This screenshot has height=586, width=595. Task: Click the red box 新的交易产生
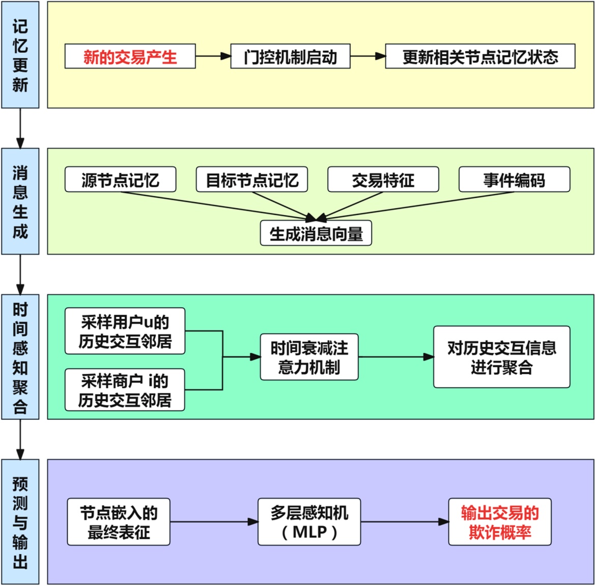[x=130, y=56]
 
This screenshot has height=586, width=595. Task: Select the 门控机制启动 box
[x=290, y=56]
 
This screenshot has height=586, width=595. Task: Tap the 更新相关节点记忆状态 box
[x=480, y=56]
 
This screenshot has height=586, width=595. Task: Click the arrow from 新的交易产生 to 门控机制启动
[x=213, y=56]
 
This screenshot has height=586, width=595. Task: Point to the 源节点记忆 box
[x=120, y=180]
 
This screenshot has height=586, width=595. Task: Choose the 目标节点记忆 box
[x=251, y=180]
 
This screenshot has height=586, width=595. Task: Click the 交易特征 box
[x=383, y=180]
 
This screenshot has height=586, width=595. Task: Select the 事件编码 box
[x=514, y=180]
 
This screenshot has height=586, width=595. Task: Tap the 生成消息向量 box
[x=316, y=233]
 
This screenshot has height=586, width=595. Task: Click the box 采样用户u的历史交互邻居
[x=125, y=331]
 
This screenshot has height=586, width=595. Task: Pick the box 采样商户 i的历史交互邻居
[x=125, y=390]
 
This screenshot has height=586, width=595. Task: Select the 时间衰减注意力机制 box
[x=309, y=357]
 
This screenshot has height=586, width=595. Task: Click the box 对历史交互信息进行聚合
[x=501, y=357]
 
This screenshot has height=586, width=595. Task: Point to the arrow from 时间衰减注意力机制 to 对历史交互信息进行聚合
[x=395, y=357]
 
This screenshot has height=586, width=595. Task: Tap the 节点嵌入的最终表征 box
[x=119, y=522]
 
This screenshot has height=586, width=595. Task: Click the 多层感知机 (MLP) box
[x=309, y=522]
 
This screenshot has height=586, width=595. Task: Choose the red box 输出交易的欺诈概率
[x=499, y=522]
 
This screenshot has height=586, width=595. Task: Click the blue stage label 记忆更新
[x=20, y=55]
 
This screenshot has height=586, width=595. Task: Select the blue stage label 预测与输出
[x=20, y=522]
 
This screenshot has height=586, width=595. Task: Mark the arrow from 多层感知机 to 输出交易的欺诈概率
[x=404, y=522]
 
